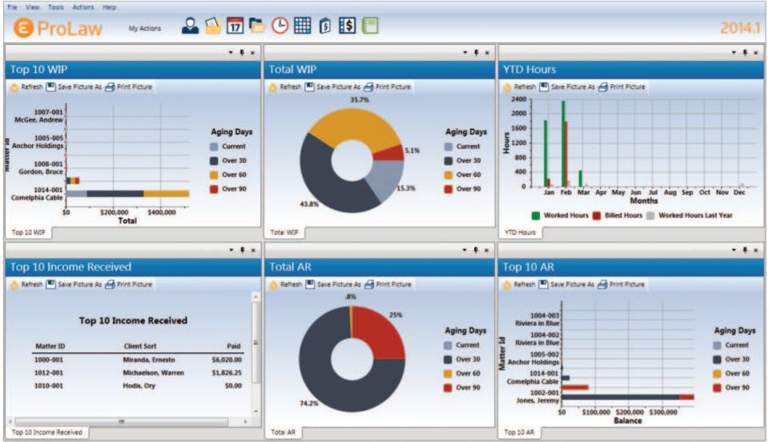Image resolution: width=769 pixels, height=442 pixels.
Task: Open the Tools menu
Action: (x=55, y=7)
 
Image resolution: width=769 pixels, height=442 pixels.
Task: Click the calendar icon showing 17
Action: (x=235, y=26)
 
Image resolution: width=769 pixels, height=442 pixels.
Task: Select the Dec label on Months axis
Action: (x=739, y=193)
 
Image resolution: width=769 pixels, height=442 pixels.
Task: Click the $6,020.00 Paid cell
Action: (x=227, y=360)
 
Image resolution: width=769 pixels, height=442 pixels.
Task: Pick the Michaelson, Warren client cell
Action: (x=154, y=373)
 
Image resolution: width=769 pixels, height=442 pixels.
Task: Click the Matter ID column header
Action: (x=49, y=347)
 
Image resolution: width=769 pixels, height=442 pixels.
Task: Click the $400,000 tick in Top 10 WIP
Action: (x=163, y=213)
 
